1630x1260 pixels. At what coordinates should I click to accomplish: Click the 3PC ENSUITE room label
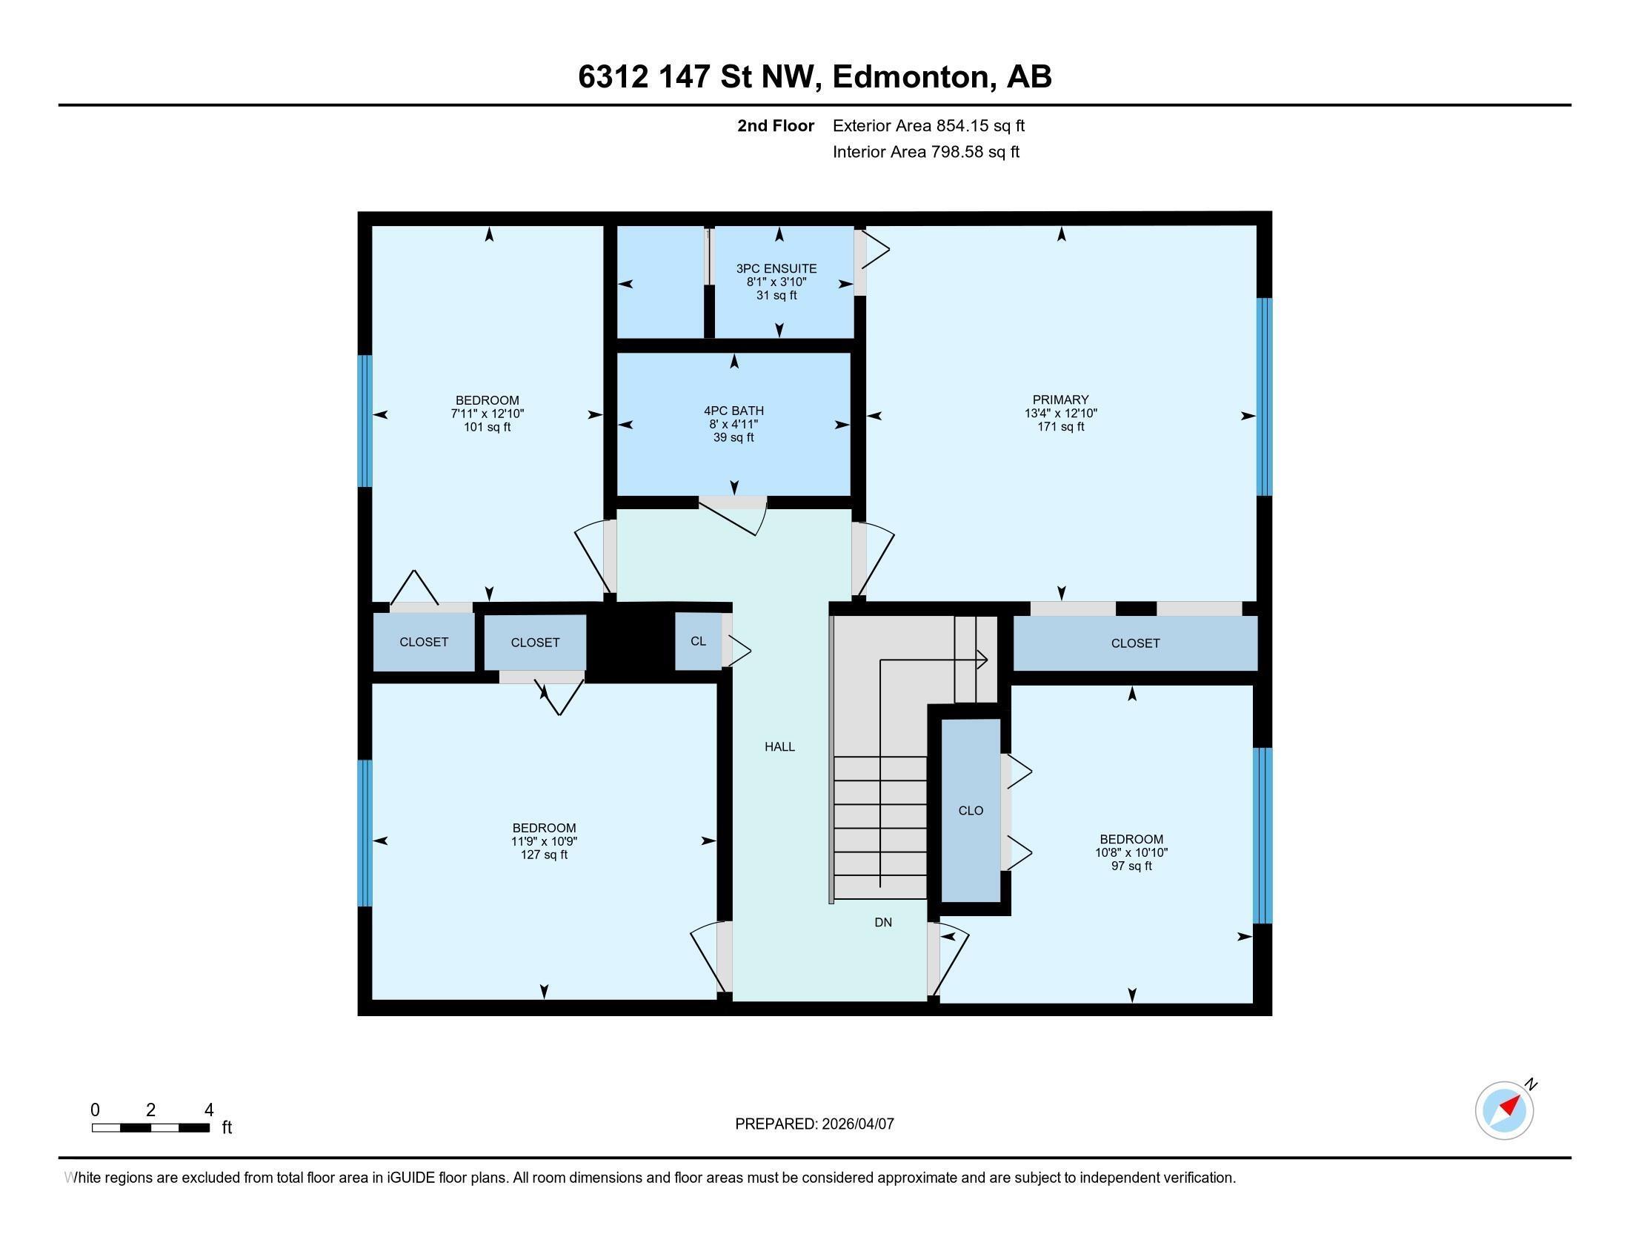(x=776, y=269)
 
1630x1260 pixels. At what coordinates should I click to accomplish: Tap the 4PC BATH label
(x=733, y=411)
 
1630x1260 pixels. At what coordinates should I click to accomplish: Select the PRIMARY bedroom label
(x=1060, y=399)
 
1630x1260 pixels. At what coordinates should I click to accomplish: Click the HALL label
(x=779, y=746)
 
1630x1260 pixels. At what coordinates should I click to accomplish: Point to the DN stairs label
(x=883, y=923)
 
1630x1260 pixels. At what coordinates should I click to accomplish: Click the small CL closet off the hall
(x=698, y=641)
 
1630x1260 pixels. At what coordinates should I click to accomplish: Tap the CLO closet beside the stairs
(x=971, y=811)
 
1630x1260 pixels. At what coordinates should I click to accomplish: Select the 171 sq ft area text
(x=1060, y=427)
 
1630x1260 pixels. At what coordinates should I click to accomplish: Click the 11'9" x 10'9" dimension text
(x=544, y=841)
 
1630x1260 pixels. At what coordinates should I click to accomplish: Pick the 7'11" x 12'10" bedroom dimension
(x=488, y=414)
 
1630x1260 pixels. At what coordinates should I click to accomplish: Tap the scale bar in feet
(x=150, y=1127)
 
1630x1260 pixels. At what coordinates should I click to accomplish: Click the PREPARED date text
(x=814, y=1124)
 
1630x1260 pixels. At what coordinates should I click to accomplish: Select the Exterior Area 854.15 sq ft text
(x=928, y=126)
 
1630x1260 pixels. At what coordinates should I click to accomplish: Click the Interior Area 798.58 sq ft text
(x=925, y=152)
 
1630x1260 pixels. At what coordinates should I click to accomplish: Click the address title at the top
(x=814, y=77)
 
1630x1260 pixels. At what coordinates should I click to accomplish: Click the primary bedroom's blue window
(x=1263, y=397)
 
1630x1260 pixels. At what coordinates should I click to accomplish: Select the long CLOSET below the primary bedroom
(x=1134, y=643)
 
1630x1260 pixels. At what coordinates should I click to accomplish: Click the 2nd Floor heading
(x=775, y=126)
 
